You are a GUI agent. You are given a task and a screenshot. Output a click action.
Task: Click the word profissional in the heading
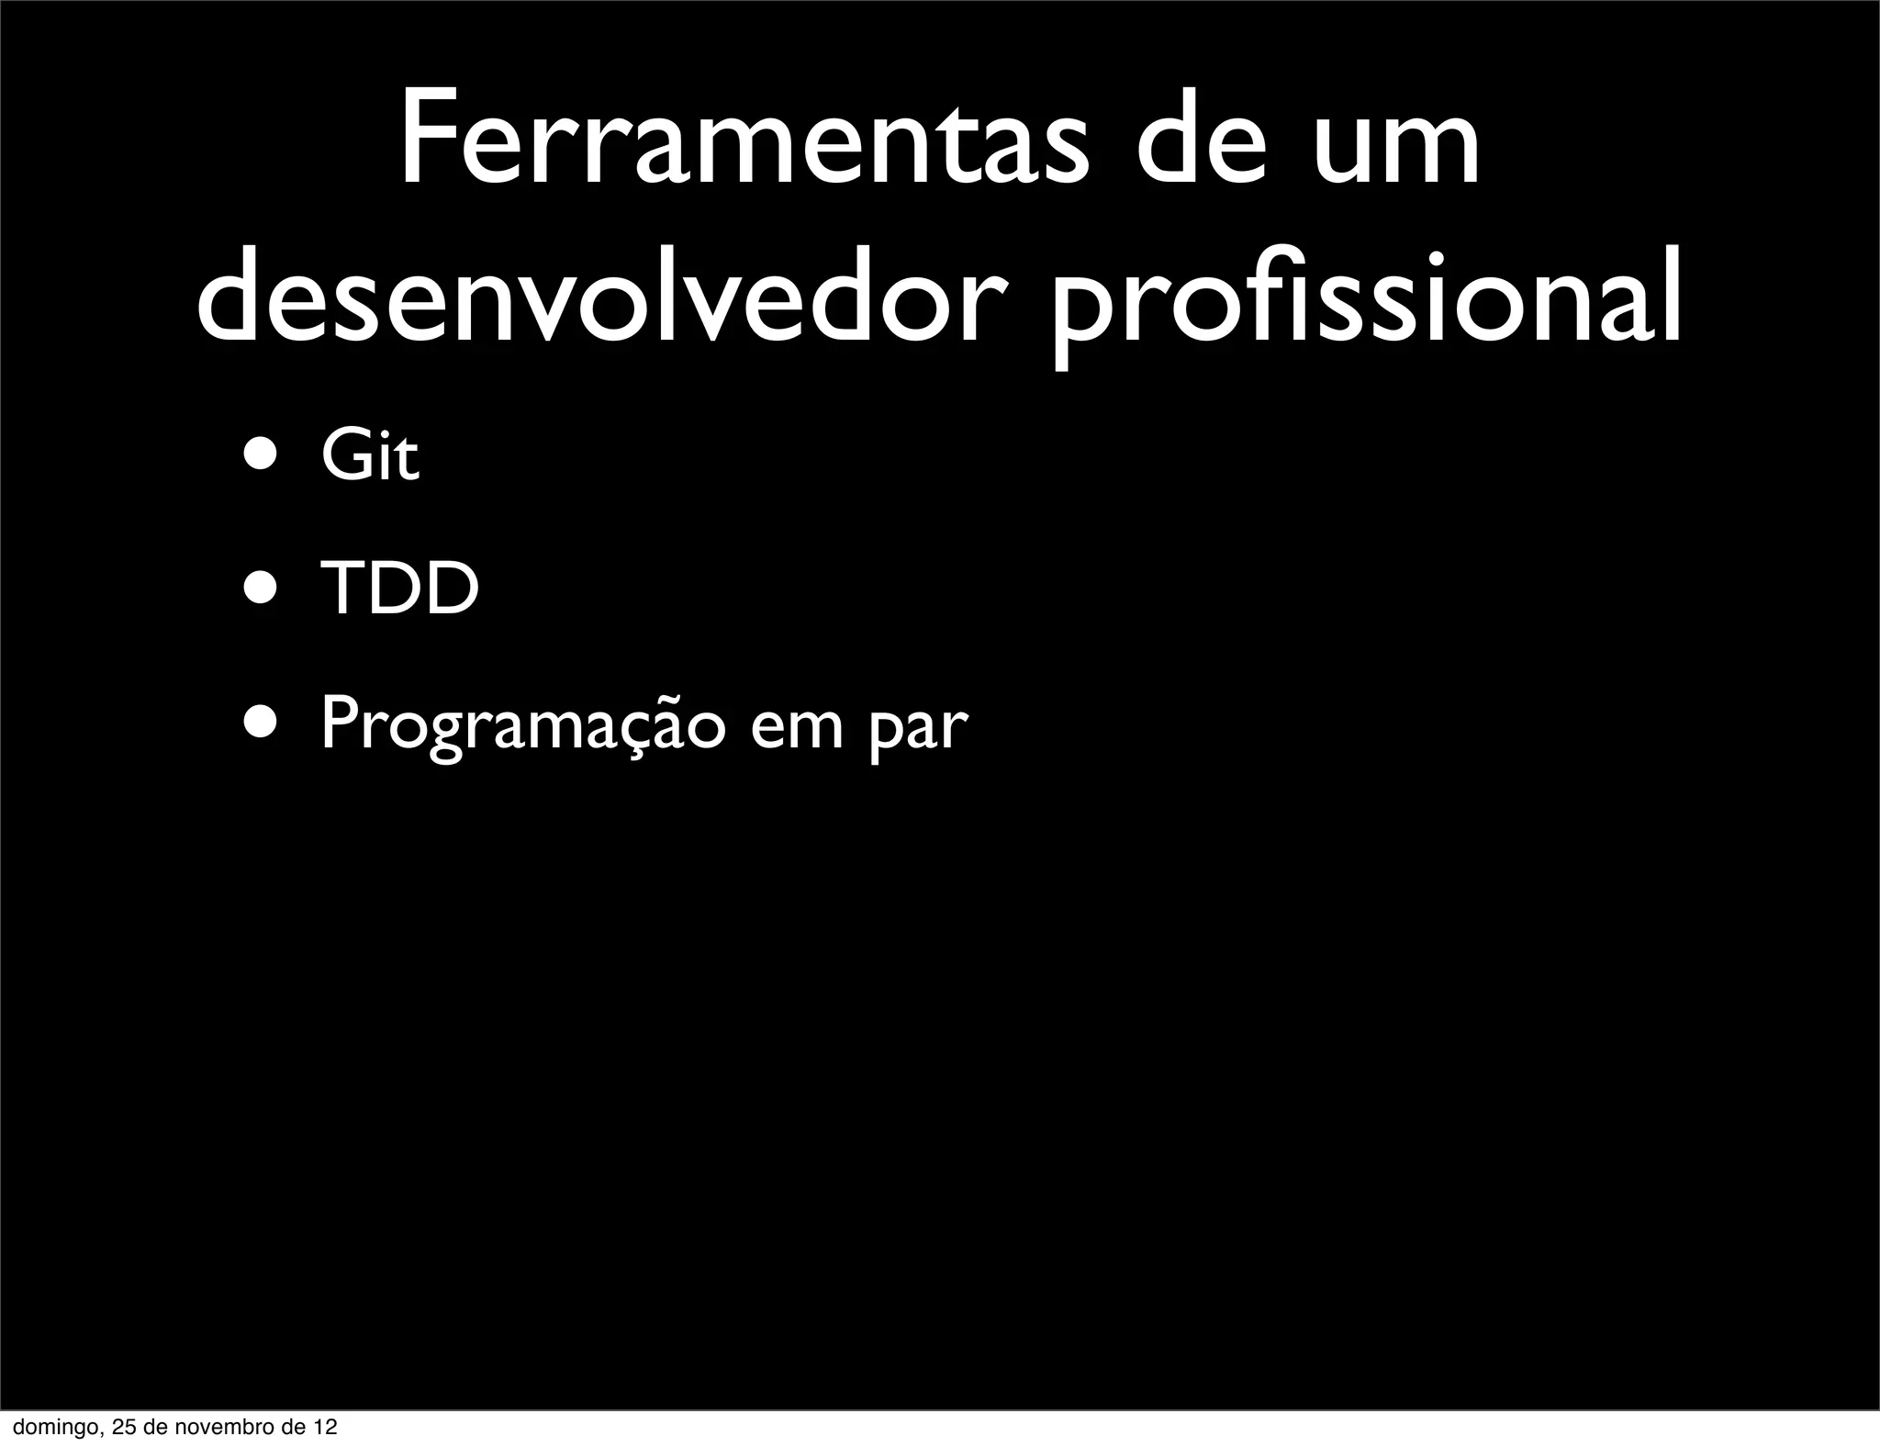pyautogui.click(x=1366, y=297)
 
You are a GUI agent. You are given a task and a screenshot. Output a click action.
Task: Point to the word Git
pyautogui.click(x=370, y=455)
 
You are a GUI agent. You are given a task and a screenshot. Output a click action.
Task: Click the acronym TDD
pyautogui.click(x=400, y=589)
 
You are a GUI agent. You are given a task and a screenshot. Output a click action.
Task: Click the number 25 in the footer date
pyautogui.click(x=123, y=1428)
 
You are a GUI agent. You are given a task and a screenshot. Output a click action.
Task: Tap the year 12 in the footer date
pyautogui.click(x=325, y=1428)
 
